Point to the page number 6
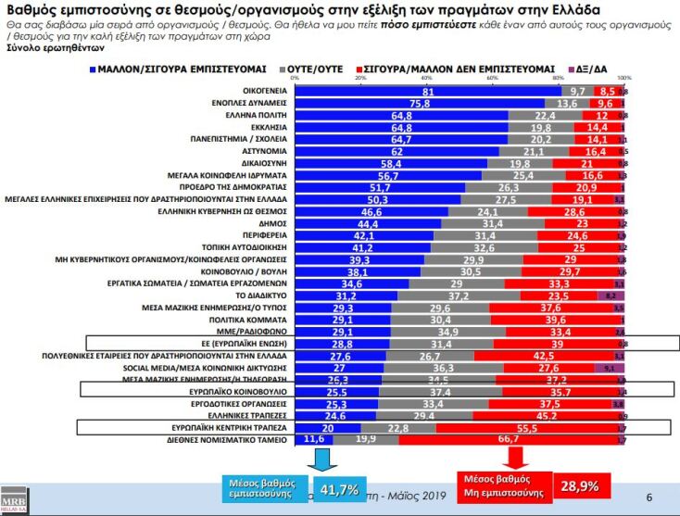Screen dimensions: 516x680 coord(649,497)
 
